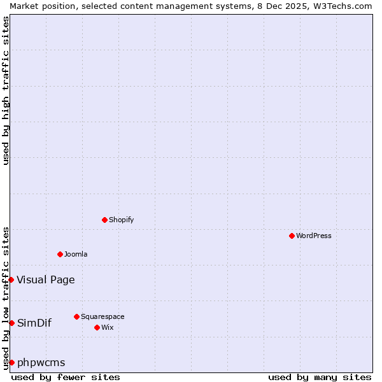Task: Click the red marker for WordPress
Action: pos(292,236)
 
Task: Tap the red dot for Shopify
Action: pos(104,220)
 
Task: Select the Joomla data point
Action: pos(60,254)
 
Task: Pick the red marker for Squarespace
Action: pos(76,316)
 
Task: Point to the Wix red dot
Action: pos(97,327)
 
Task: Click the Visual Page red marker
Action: pos(11,279)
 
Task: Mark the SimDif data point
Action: pos(11,323)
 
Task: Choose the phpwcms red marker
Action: pos(11,362)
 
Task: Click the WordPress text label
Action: pos(314,236)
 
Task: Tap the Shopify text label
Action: pos(122,220)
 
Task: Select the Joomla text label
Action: pos(76,254)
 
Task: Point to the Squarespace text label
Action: pos(103,316)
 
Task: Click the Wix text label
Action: pos(108,327)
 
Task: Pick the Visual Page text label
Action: pos(46,279)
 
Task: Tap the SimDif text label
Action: pos(34,323)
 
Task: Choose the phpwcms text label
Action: pos(41,362)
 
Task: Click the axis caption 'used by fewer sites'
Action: pos(66,377)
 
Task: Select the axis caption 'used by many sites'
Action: pos(320,377)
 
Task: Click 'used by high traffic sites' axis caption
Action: pos(6,90)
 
